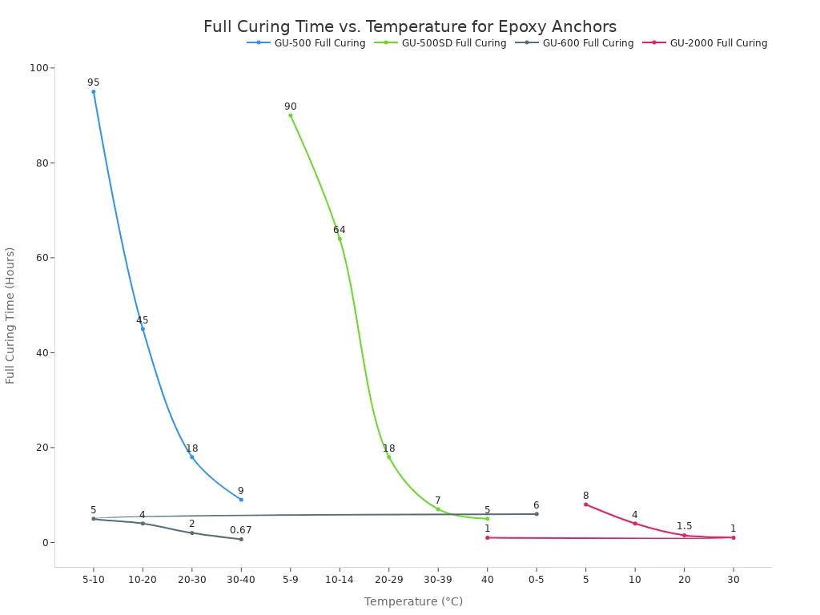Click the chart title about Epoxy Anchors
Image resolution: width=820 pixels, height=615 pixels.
pyautogui.click(x=410, y=27)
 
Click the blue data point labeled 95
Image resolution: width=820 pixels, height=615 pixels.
pyautogui.click(x=94, y=91)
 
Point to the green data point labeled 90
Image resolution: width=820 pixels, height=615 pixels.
pyautogui.click(x=290, y=115)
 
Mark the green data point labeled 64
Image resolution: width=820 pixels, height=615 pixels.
pyautogui.click(x=340, y=239)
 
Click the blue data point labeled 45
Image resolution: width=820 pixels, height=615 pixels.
pyautogui.click(x=143, y=329)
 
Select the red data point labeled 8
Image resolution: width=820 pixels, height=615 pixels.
pyautogui.click(x=585, y=504)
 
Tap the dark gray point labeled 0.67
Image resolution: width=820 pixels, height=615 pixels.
pyautogui.click(x=241, y=539)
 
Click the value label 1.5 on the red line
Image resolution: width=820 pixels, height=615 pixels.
pyautogui.click(x=684, y=526)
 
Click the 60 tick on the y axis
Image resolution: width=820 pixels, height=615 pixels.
pyautogui.click(x=41, y=258)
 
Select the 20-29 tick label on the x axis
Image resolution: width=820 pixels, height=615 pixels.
pyautogui.click(x=388, y=580)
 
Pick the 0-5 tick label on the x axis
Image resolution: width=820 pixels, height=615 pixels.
pyautogui.click(x=536, y=580)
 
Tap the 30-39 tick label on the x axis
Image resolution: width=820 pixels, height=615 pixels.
pyautogui.click(x=437, y=580)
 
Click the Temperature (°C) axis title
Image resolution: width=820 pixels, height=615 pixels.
pyautogui.click(x=413, y=601)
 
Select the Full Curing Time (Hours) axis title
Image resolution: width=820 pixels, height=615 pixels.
pyautogui.click(x=10, y=315)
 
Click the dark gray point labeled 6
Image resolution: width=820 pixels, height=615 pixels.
pyautogui.click(x=537, y=514)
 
